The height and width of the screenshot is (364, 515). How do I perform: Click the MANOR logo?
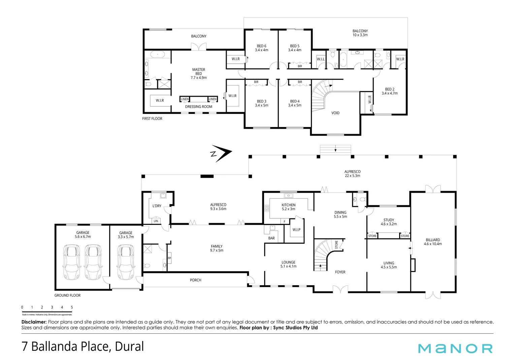pos(455,348)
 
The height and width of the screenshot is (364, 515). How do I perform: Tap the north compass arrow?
pos(221,153)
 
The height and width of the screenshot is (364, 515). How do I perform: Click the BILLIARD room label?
pos(433,240)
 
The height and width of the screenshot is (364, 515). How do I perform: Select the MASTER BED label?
pos(199,71)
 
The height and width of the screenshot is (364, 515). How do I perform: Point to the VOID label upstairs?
pos(335,113)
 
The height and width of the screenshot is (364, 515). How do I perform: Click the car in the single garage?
pos(126,262)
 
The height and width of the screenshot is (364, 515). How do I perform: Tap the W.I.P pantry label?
pos(296,230)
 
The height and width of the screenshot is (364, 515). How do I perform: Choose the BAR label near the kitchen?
pos(271,238)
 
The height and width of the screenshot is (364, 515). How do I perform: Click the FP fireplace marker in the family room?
pos(169,258)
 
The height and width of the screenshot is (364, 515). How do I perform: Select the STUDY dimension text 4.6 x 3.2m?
pos(389,224)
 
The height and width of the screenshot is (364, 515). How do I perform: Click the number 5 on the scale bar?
pos(72,307)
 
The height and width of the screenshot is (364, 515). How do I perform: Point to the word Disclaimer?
pos(34,322)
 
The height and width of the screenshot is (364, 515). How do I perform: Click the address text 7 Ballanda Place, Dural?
pos(83,346)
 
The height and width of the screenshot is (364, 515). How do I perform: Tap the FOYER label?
pos(340,272)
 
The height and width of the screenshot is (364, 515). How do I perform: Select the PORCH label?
pos(196,280)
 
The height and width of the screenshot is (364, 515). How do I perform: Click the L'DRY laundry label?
pos(157,206)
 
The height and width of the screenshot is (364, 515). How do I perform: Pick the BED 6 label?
pos(262,46)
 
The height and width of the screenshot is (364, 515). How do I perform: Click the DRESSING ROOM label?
pos(199,107)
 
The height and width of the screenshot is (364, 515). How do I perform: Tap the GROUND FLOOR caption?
pos(68,295)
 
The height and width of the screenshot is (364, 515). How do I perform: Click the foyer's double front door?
pos(340,289)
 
